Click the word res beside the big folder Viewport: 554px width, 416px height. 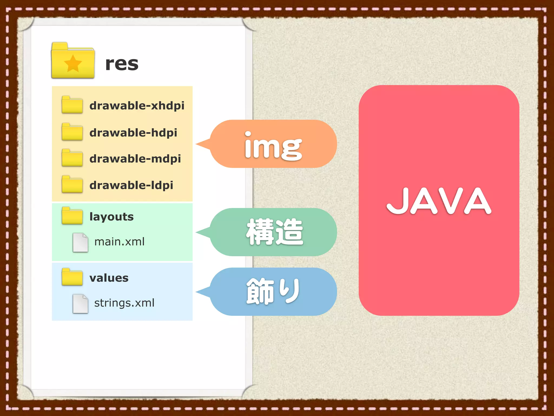point(122,64)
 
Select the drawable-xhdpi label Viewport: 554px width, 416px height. point(137,106)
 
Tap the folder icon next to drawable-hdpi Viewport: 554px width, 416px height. point(72,132)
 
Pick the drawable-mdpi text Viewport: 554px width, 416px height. point(135,159)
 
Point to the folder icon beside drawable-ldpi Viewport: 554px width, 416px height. point(72,184)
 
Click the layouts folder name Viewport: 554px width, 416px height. point(111,217)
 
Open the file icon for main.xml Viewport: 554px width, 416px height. point(80,242)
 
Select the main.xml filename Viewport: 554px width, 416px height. point(119,242)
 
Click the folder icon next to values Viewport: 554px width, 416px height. point(72,277)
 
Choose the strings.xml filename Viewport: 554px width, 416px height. point(124,303)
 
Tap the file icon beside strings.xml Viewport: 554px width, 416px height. point(80,304)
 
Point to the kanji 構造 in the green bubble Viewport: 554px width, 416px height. point(275,232)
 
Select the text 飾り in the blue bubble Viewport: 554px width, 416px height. point(273,291)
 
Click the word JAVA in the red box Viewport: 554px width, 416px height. point(439,201)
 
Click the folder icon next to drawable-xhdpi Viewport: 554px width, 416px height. point(72,105)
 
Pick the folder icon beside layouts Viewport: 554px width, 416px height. point(72,216)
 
